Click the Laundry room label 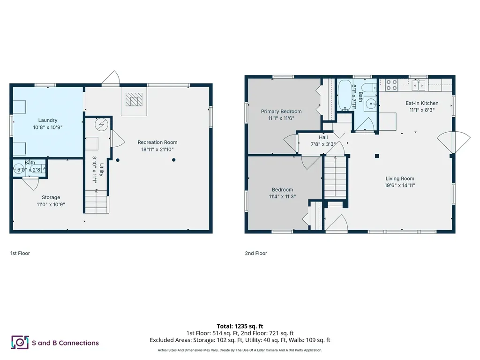click(48, 120)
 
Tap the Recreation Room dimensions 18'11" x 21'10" click(157, 149)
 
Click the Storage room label click(51, 197)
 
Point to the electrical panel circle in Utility click(101, 125)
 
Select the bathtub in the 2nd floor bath click(345, 96)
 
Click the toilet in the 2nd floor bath click(370, 88)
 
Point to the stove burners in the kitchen click(391, 85)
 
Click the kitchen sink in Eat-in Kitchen click(419, 84)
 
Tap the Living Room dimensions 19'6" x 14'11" click(400, 185)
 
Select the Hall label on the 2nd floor click(323, 137)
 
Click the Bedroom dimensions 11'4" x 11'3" click(282, 196)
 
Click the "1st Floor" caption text click(20, 253)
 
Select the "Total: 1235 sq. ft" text click(240, 326)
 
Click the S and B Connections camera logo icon click(20, 343)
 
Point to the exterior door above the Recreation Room click(111, 79)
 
